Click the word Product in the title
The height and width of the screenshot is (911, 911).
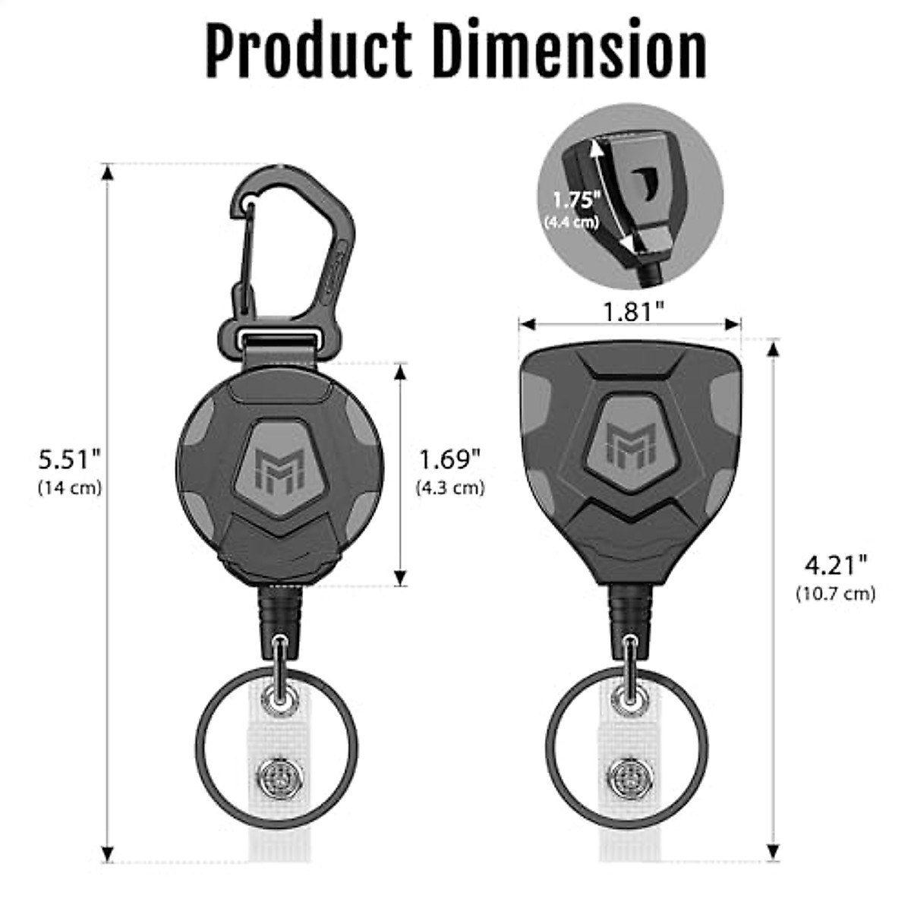(x=309, y=49)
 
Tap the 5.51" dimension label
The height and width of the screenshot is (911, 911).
(x=70, y=459)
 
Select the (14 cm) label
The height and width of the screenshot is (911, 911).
(x=70, y=487)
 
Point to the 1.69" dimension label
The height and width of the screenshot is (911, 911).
(x=450, y=459)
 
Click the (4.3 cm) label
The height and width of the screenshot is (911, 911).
(x=450, y=487)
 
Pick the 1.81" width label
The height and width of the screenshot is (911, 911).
(x=633, y=312)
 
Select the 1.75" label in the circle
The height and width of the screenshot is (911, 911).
(x=575, y=201)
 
